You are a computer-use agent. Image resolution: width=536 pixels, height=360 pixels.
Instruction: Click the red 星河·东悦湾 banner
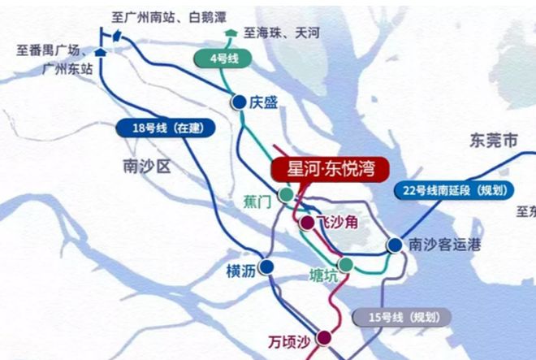click(x=328, y=170)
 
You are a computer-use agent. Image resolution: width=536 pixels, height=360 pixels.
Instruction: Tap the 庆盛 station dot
click(x=239, y=102)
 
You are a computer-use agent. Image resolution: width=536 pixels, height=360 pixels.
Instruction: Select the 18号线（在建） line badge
click(x=163, y=128)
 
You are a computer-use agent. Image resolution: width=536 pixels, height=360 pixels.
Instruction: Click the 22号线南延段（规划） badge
click(x=456, y=191)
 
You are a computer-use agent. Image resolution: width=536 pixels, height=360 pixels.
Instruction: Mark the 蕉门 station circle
click(x=286, y=194)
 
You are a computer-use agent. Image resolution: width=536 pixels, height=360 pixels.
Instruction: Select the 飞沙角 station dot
click(x=307, y=222)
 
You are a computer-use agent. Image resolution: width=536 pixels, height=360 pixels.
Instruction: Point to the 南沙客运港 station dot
click(x=394, y=245)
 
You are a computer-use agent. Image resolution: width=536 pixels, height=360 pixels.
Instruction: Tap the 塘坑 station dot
click(x=346, y=264)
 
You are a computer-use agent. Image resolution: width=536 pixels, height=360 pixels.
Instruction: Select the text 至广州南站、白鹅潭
click(x=171, y=16)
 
